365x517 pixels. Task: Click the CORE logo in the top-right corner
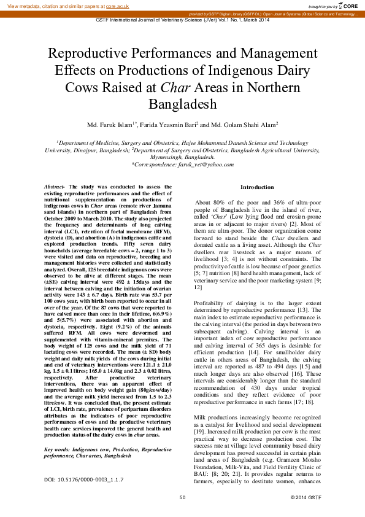pos(347,6)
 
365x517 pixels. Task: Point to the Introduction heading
pos(257,187)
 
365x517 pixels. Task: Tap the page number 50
pos(182,497)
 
